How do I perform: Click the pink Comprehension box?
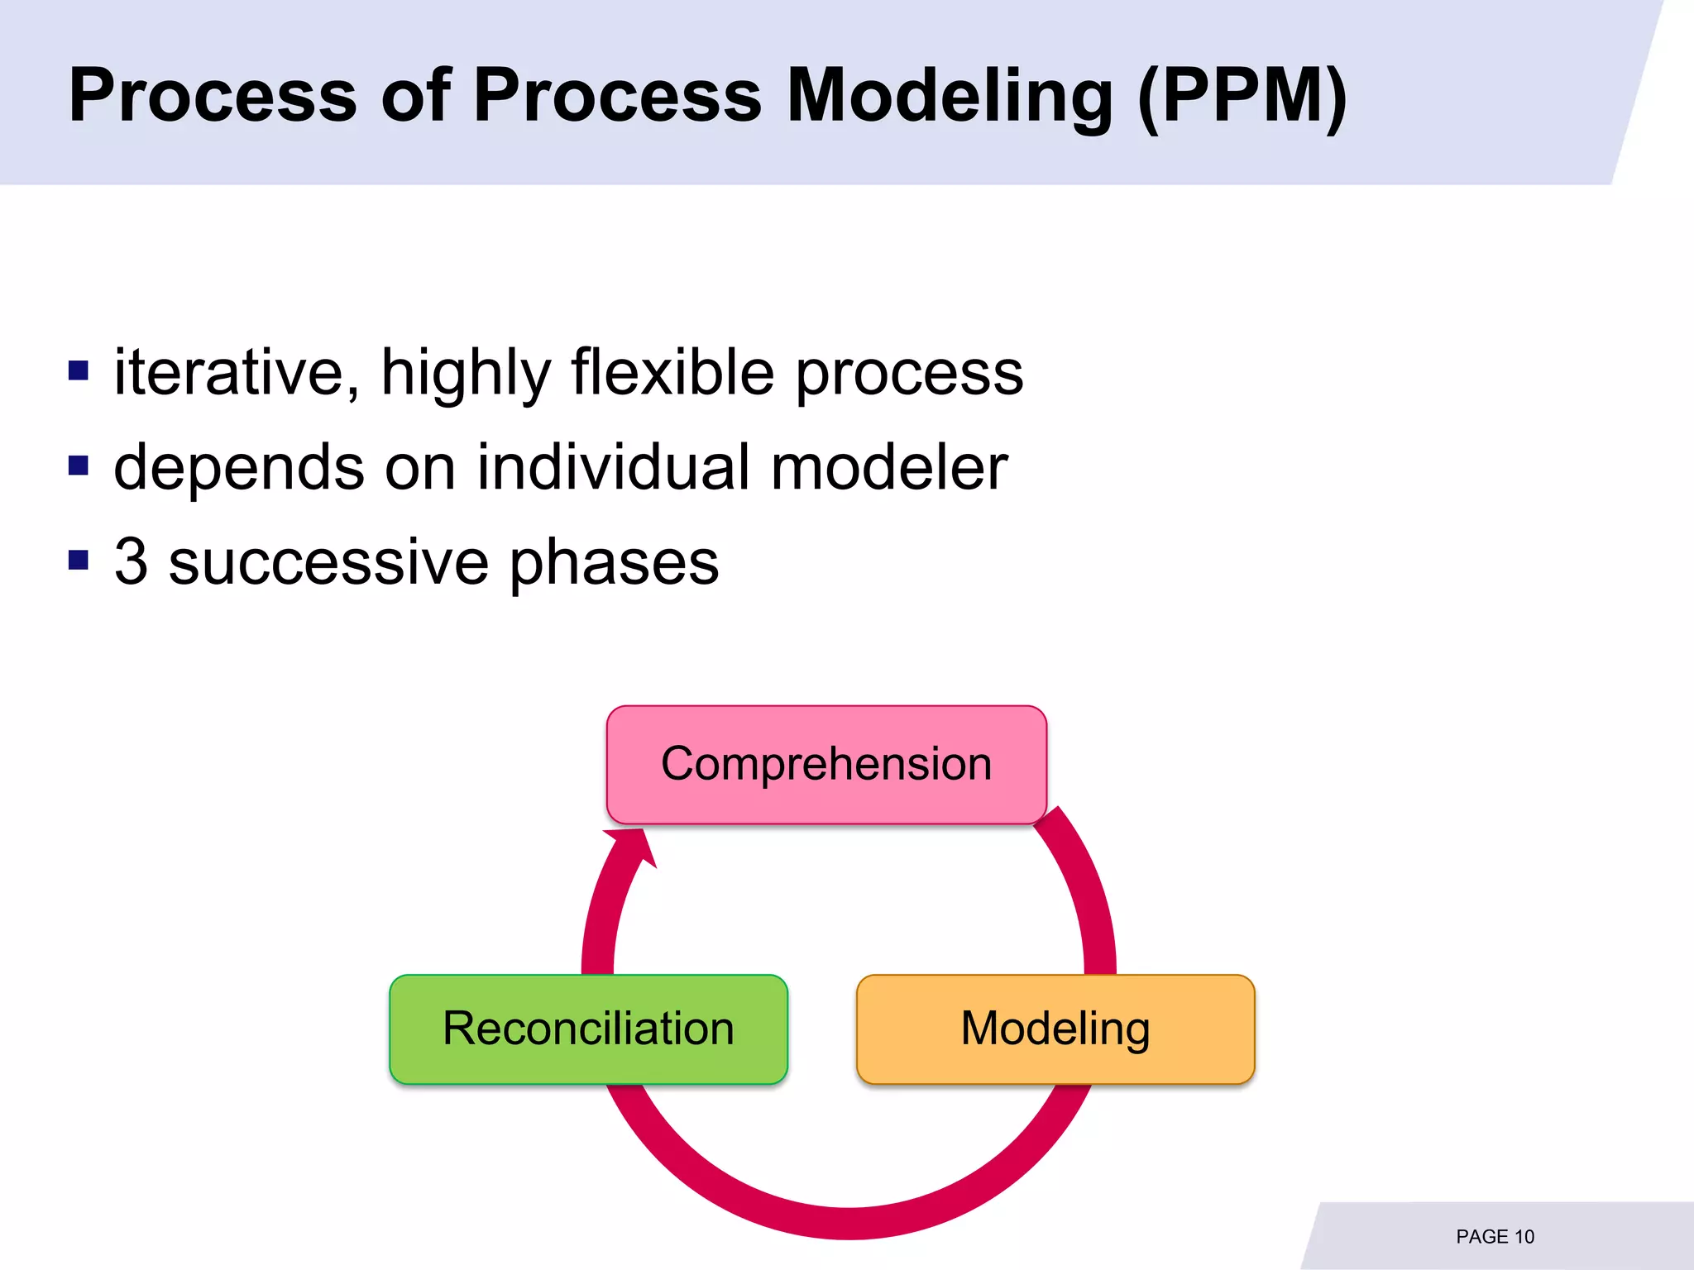(x=826, y=764)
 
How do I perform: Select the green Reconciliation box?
(x=588, y=1029)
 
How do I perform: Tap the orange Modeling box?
(x=1055, y=1029)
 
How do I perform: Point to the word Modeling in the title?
(x=950, y=97)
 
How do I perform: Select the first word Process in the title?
(x=213, y=97)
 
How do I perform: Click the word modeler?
(x=889, y=467)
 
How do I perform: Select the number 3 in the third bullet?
(x=132, y=562)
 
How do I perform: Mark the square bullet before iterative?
(x=79, y=370)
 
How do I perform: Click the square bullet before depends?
(x=79, y=466)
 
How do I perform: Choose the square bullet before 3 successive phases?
(x=79, y=561)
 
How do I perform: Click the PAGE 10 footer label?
(x=1495, y=1237)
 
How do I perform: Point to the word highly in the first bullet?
(x=465, y=373)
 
